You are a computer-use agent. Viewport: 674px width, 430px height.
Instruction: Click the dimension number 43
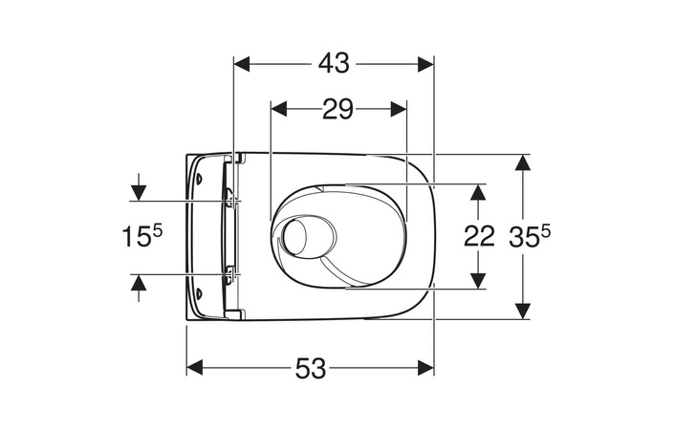tap(334, 64)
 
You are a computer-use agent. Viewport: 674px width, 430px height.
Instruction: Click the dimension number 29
tap(337, 109)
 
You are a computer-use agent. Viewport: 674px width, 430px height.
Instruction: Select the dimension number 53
tap(311, 368)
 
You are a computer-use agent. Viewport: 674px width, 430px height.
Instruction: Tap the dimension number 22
tap(479, 236)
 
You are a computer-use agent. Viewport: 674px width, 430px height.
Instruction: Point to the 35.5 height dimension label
tap(530, 237)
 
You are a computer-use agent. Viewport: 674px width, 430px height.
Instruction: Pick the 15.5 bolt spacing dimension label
tap(141, 236)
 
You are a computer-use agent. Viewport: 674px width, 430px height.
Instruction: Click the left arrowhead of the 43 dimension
tap(242, 64)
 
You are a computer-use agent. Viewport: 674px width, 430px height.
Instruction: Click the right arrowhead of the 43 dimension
tap(425, 64)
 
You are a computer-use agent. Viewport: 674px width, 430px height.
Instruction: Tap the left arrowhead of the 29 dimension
tap(278, 109)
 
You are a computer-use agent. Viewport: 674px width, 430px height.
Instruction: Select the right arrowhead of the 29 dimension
tap(399, 109)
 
